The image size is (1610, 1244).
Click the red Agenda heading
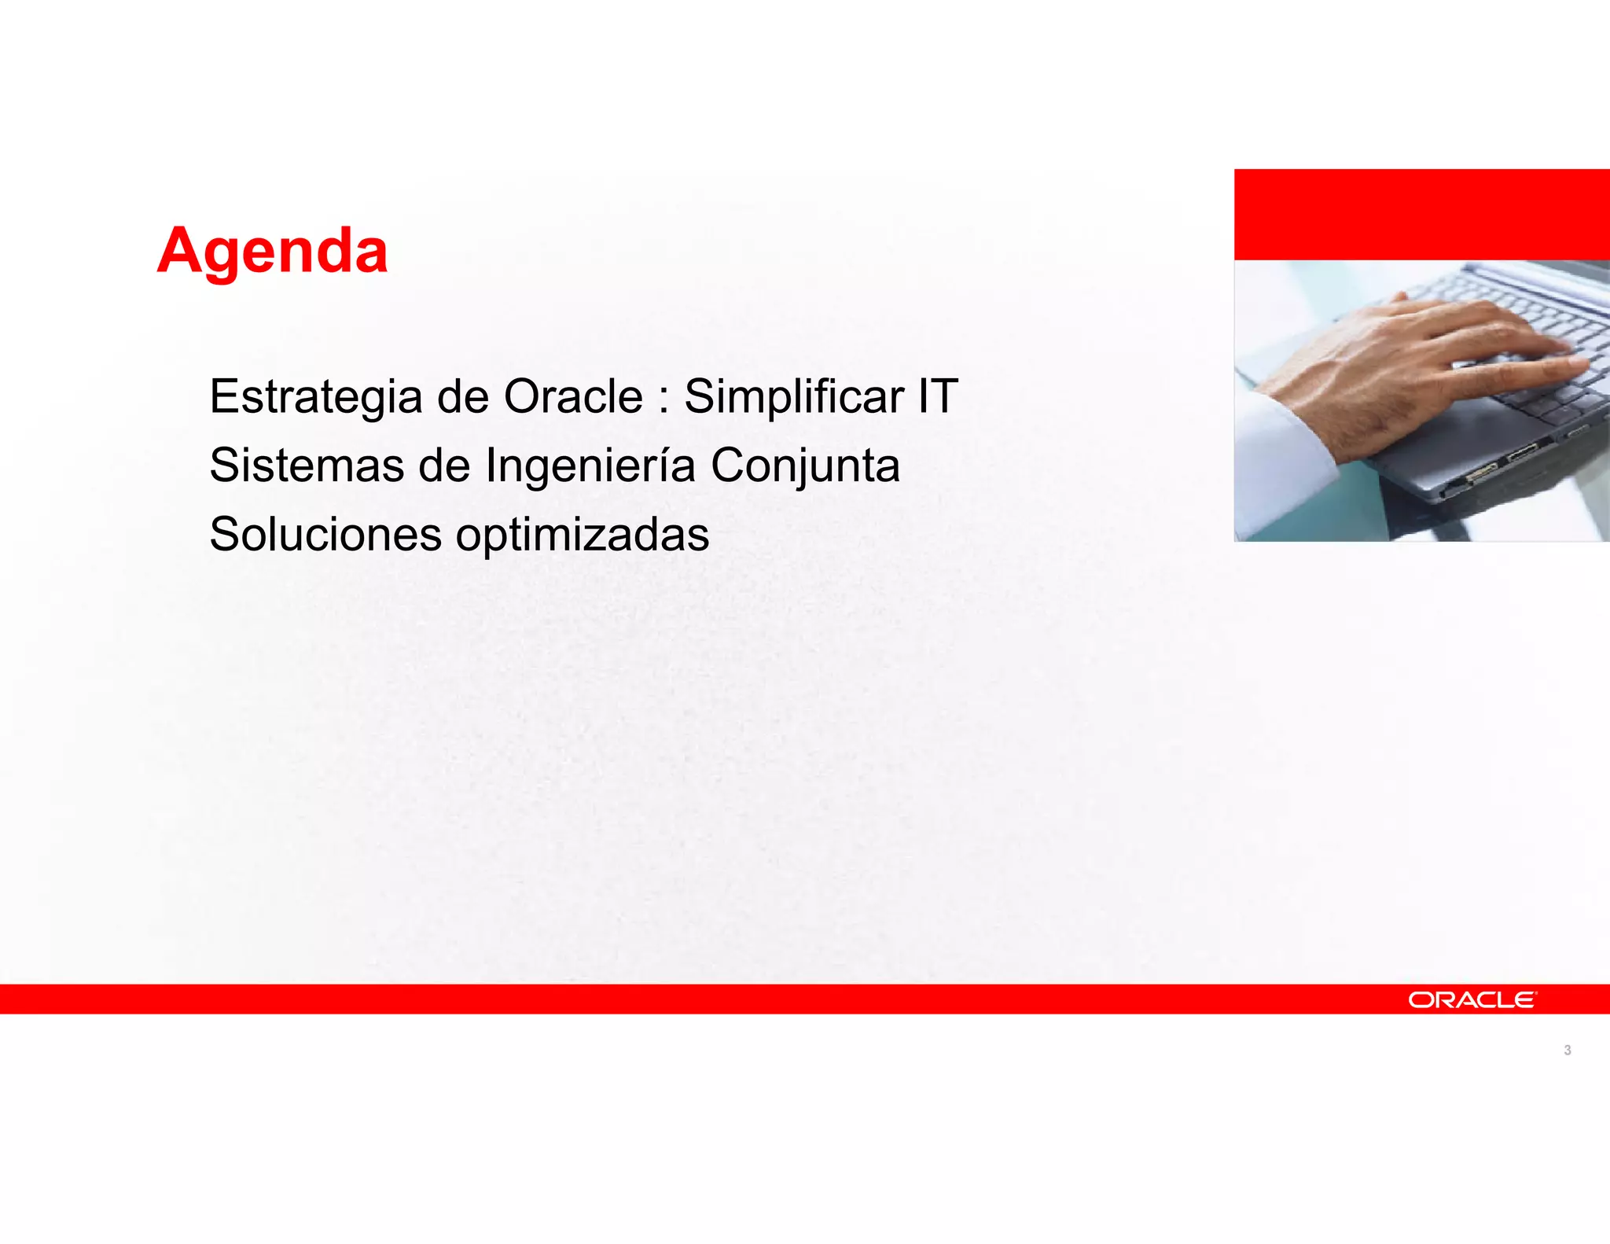click(x=272, y=251)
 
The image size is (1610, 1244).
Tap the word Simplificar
click(x=793, y=396)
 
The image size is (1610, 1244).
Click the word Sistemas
click(x=306, y=465)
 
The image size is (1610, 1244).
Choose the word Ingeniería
click(x=590, y=466)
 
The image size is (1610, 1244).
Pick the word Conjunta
click(x=805, y=466)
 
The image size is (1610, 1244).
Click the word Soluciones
click(x=325, y=534)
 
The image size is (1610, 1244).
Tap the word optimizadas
click(x=583, y=536)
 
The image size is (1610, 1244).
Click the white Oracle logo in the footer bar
click(x=1472, y=999)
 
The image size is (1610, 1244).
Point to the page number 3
click(x=1567, y=1050)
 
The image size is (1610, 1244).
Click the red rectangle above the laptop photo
click(x=1421, y=214)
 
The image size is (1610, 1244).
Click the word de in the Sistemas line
click(x=443, y=465)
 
